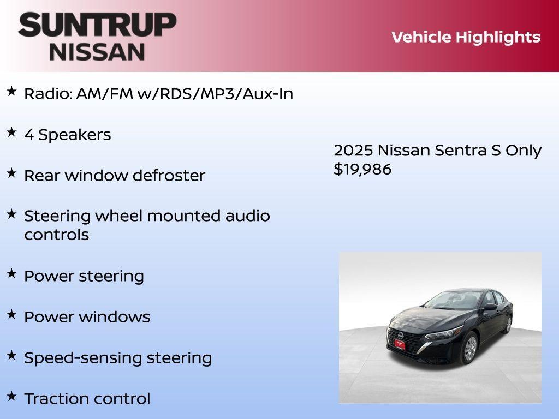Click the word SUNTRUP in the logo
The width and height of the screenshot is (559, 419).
pyautogui.click(x=97, y=25)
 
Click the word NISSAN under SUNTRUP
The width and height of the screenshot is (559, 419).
pyautogui.click(x=97, y=52)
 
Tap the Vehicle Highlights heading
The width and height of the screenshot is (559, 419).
pyautogui.click(x=466, y=37)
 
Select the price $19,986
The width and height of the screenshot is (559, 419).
pyautogui.click(x=362, y=169)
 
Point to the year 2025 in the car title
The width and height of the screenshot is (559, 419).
pyautogui.click(x=353, y=151)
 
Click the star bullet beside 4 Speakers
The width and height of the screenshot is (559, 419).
pyautogui.click(x=11, y=133)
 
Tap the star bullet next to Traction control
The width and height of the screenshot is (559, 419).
pyautogui.click(x=11, y=396)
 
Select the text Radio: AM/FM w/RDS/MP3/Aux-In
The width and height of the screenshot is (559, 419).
pyautogui.click(x=158, y=94)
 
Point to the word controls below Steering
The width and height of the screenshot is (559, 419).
pyautogui.click(x=56, y=235)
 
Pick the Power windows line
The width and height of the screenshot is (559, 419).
pyautogui.click(x=87, y=317)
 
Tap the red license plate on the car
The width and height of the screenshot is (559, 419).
pyautogui.click(x=400, y=344)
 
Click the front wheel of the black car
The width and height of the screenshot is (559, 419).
pyautogui.click(x=470, y=349)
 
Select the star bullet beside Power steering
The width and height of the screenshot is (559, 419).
pyautogui.click(x=11, y=274)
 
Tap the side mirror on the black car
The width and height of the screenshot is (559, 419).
pyautogui.click(x=489, y=307)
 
